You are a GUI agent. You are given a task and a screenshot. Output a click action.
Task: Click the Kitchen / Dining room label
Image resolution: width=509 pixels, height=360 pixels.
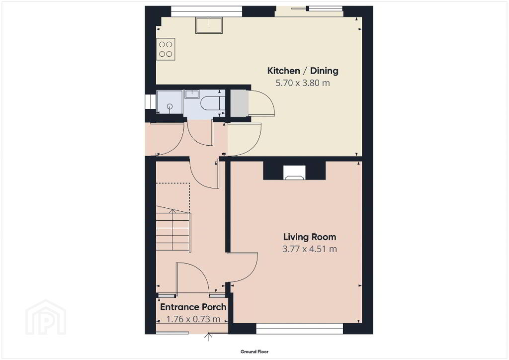[x=303, y=71]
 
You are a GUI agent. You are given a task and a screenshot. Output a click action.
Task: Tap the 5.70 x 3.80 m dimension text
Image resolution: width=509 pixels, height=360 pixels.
[x=303, y=83]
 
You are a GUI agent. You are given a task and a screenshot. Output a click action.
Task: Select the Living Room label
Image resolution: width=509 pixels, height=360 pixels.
[x=310, y=237]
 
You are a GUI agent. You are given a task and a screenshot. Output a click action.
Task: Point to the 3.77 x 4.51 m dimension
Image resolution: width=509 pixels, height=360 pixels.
[x=310, y=249]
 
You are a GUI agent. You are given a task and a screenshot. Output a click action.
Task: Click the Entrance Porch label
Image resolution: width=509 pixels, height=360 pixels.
[x=193, y=307]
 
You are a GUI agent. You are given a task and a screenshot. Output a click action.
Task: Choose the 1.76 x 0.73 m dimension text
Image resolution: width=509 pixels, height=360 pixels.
[x=193, y=319]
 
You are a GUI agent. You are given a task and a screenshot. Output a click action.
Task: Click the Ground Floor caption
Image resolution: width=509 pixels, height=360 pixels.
[x=254, y=352]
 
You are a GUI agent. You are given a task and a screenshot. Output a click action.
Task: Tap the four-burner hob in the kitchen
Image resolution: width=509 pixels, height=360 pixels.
[x=166, y=49]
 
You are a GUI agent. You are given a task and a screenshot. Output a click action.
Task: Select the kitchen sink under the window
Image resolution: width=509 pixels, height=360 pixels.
[x=209, y=25]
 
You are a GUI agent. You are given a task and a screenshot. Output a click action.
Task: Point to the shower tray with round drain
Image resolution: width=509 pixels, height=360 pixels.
[x=170, y=102]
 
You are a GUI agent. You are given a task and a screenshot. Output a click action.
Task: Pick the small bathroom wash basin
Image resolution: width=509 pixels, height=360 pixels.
[x=192, y=94]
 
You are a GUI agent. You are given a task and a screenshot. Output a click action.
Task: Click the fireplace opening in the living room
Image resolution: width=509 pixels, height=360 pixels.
[x=294, y=173]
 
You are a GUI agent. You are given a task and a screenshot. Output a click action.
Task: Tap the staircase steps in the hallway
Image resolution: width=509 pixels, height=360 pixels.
[x=173, y=229]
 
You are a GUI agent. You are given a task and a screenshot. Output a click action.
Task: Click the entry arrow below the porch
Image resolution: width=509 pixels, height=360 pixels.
[x=208, y=337]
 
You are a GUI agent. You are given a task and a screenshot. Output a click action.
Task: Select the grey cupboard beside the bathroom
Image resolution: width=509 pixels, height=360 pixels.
[x=239, y=103]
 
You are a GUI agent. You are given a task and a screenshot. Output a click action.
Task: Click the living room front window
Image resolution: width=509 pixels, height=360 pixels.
[x=300, y=329]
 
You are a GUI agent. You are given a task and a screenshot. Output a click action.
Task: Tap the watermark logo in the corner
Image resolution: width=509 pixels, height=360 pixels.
[x=46, y=317]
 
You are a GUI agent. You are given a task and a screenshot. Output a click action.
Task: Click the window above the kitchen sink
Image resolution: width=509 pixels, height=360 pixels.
[x=206, y=11]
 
